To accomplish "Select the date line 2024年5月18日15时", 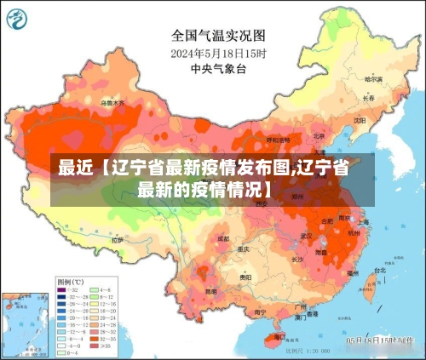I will click(219, 53).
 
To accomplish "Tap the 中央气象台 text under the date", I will click(219, 68).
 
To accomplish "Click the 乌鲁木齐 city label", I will click(112, 104).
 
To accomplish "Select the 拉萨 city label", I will click(117, 241).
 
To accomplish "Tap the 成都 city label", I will click(223, 239).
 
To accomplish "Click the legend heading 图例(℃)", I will click(70, 281).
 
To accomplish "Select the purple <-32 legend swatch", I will click(61, 290).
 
